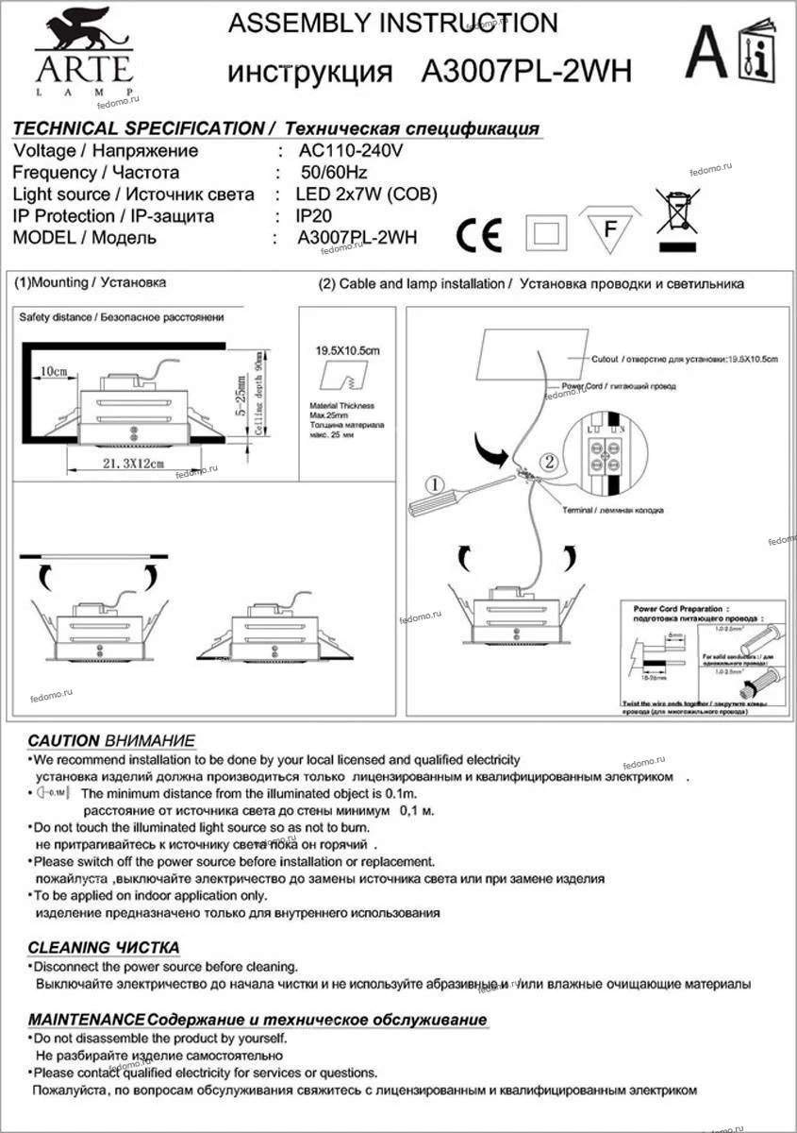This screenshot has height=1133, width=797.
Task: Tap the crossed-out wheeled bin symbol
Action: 677,211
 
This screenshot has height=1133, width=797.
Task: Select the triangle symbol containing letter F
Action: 609,228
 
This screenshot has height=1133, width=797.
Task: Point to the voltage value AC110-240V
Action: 351,151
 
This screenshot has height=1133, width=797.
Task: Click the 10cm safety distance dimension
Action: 54,372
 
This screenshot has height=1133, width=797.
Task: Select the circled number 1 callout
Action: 434,485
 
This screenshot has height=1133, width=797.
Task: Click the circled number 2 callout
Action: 550,462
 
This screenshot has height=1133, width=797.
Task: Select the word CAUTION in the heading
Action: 63,741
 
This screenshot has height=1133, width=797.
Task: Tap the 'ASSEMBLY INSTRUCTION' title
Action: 393,24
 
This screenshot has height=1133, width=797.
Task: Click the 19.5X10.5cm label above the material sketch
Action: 346,350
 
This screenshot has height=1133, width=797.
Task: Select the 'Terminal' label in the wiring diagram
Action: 576,510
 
